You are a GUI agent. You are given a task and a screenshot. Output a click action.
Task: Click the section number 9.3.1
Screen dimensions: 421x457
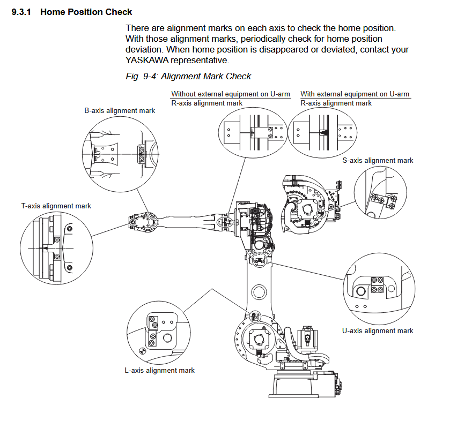[x=22, y=11]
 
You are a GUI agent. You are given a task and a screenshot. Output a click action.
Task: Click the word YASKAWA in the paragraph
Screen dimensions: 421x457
[x=146, y=60]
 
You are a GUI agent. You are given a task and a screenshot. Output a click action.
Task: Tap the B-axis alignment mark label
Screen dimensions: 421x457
[x=120, y=110]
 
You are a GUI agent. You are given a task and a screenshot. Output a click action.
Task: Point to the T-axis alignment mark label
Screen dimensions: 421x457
[x=56, y=206]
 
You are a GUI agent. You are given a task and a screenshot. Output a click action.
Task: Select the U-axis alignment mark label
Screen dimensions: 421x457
[x=378, y=330]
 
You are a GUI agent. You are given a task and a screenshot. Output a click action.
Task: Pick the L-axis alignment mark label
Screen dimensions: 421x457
[x=159, y=370]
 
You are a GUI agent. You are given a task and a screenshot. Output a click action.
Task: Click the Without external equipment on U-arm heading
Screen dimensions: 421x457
[x=231, y=94]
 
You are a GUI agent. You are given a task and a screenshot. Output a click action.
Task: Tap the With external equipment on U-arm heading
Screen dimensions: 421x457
[x=355, y=94]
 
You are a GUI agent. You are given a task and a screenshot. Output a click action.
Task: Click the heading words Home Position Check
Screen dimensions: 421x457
[x=86, y=11]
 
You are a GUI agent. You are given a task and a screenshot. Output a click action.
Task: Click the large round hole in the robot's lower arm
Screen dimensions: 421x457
[x=258, y=292]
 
